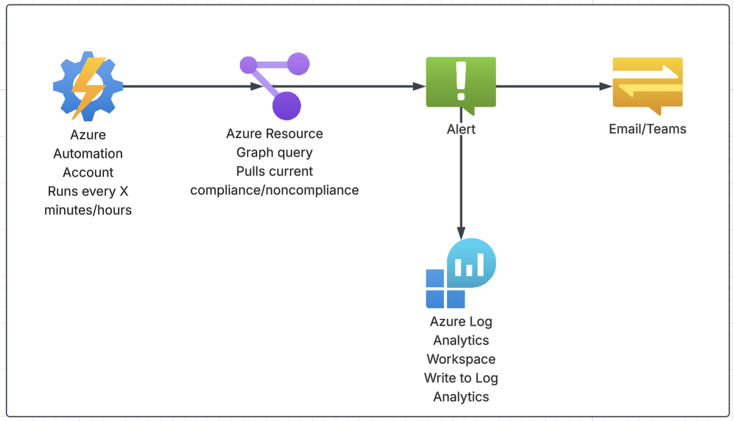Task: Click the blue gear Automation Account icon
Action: pos(88,86)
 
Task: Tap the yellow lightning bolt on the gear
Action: pos(88,82)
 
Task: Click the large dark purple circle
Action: pos(286,106)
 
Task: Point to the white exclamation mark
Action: pos(461,81)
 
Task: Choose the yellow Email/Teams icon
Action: pos(647,84)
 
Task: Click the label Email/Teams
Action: pos(647,129)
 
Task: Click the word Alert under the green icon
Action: pos(461,129)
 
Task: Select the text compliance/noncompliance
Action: pos(275,190)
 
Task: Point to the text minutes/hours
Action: pos(88,209)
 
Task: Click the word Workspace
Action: pos(461,359)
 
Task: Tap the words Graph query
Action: pos(275,152)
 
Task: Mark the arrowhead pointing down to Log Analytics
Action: pos(461,234)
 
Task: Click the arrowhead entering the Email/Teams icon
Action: pos(606,86)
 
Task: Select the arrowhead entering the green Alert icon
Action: pos(420,86)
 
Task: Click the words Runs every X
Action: pos(88,191)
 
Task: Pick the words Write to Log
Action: pos(461,378)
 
